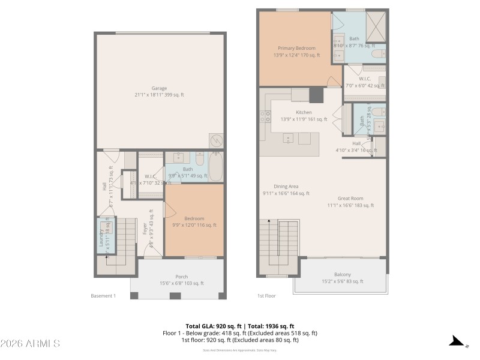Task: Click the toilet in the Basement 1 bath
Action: [x=200, y=160]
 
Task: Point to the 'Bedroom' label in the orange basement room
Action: [x=194, y=218]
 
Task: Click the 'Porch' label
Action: [x=181, y=277]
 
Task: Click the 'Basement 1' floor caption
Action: [x=103, y=296]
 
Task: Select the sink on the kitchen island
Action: [x=289, y=139]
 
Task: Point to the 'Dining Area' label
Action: [x=286, y=187]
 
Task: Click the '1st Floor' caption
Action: [x=266, y=296]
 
